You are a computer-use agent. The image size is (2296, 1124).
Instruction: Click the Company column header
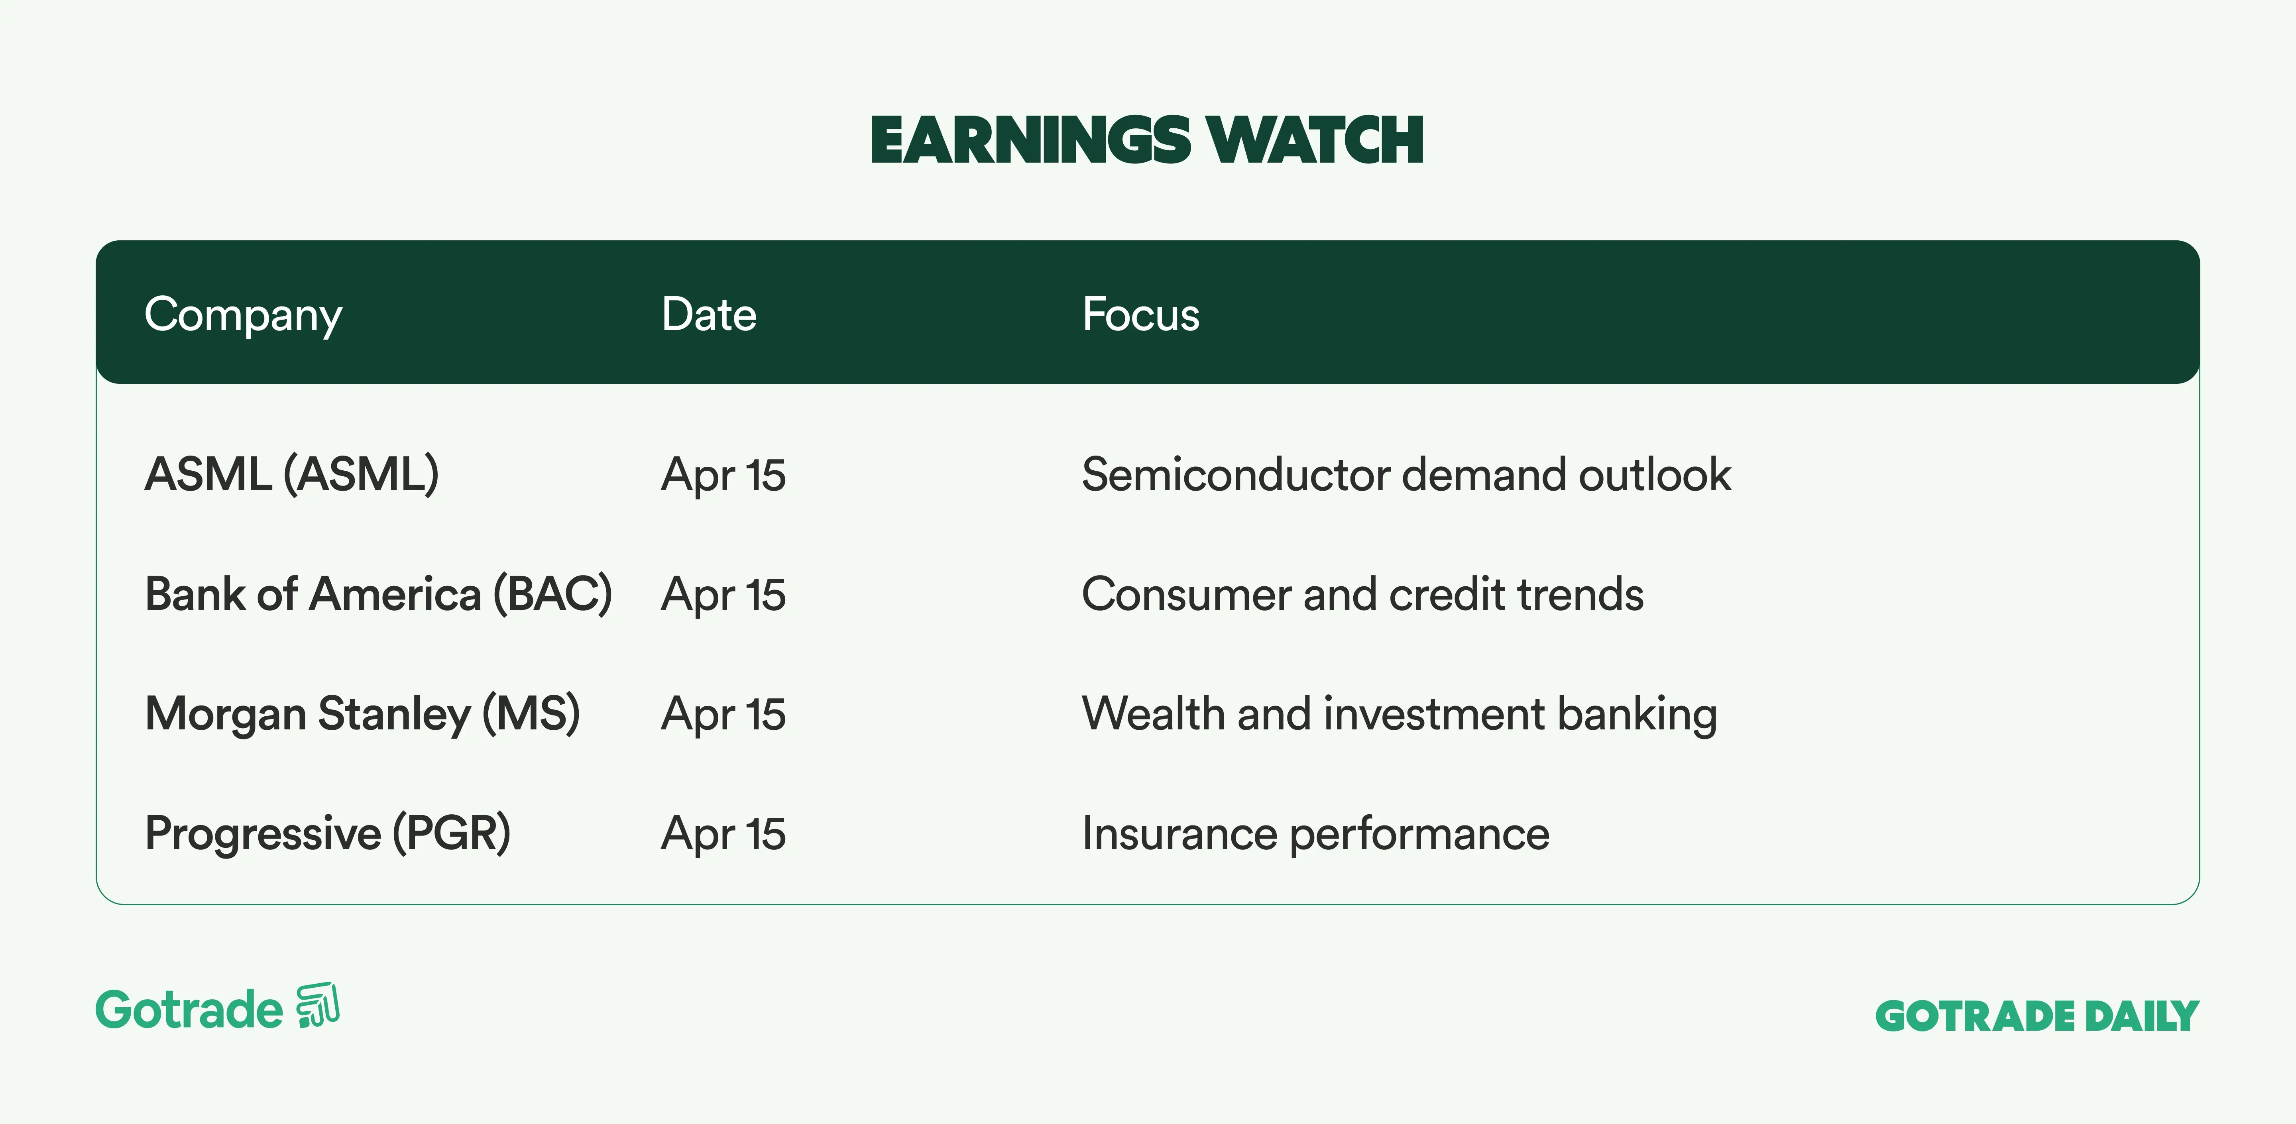coord(243,314)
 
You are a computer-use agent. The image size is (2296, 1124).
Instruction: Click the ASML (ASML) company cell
coord(291,474)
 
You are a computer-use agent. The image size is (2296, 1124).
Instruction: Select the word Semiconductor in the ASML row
coord(1235,474)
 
